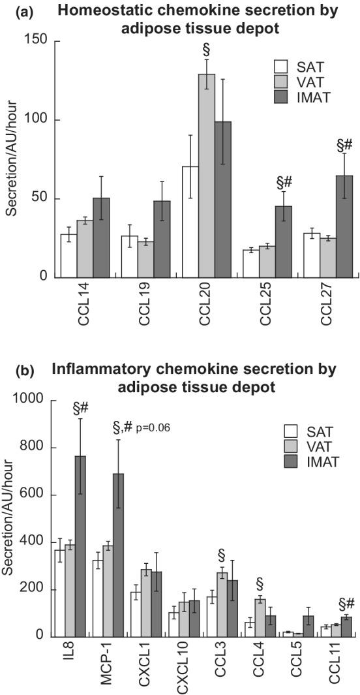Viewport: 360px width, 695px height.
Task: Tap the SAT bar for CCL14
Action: pos(68,255)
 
